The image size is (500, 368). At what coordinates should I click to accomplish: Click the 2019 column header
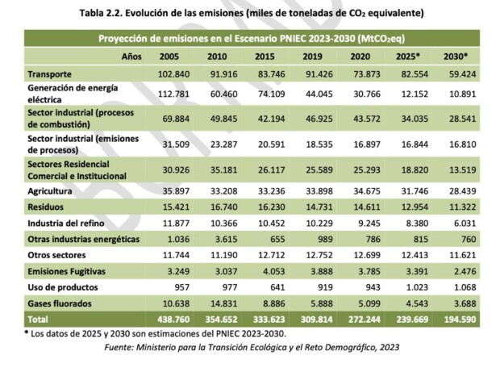click(x=312, y=56)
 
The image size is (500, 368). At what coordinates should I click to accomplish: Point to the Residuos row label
click(x=45, y=207)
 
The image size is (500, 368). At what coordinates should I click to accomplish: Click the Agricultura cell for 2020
click(x=360, y=191)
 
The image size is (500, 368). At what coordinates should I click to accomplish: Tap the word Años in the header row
click(x=131, y=56)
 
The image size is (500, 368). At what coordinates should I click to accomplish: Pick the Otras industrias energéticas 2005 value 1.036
click(x=173, y=238)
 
